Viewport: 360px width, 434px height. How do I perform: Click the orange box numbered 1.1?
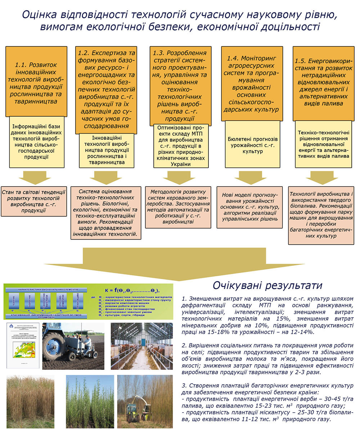tap(36, 81)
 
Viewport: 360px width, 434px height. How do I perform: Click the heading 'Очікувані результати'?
tap(267, 285)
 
